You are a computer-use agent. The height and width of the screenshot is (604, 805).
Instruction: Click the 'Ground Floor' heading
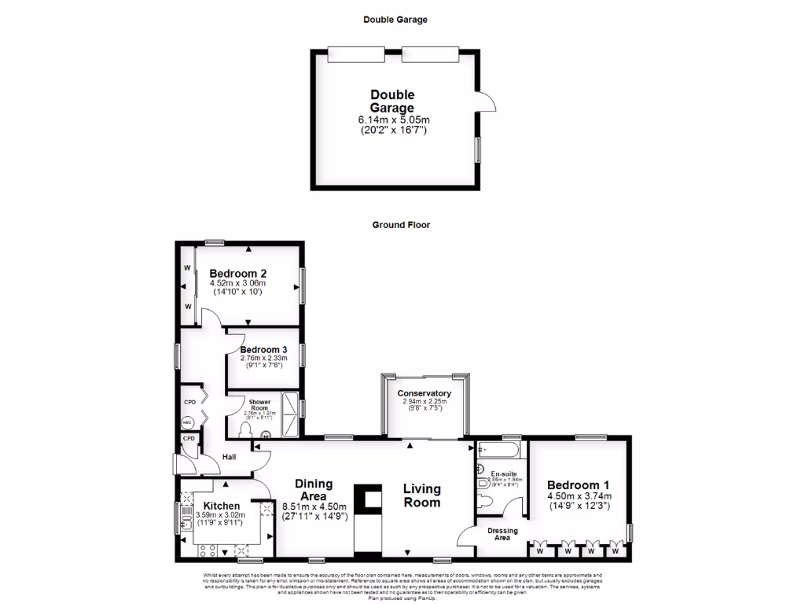(401, 224)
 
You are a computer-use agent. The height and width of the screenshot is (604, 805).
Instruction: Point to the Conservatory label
(424, 393)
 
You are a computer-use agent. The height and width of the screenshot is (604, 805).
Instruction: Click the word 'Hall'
(230, 457)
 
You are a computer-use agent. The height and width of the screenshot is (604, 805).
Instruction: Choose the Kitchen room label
(221, 506)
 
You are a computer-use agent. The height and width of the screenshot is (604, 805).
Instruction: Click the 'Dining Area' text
(314, 490)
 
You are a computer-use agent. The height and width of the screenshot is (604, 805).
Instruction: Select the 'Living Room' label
(421, 495)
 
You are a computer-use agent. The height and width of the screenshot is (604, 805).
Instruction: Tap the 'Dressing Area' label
(502, 533)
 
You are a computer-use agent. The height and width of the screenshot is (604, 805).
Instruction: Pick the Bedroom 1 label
(578, 485)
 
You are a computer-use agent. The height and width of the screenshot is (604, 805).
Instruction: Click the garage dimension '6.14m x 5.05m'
(394, 120)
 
